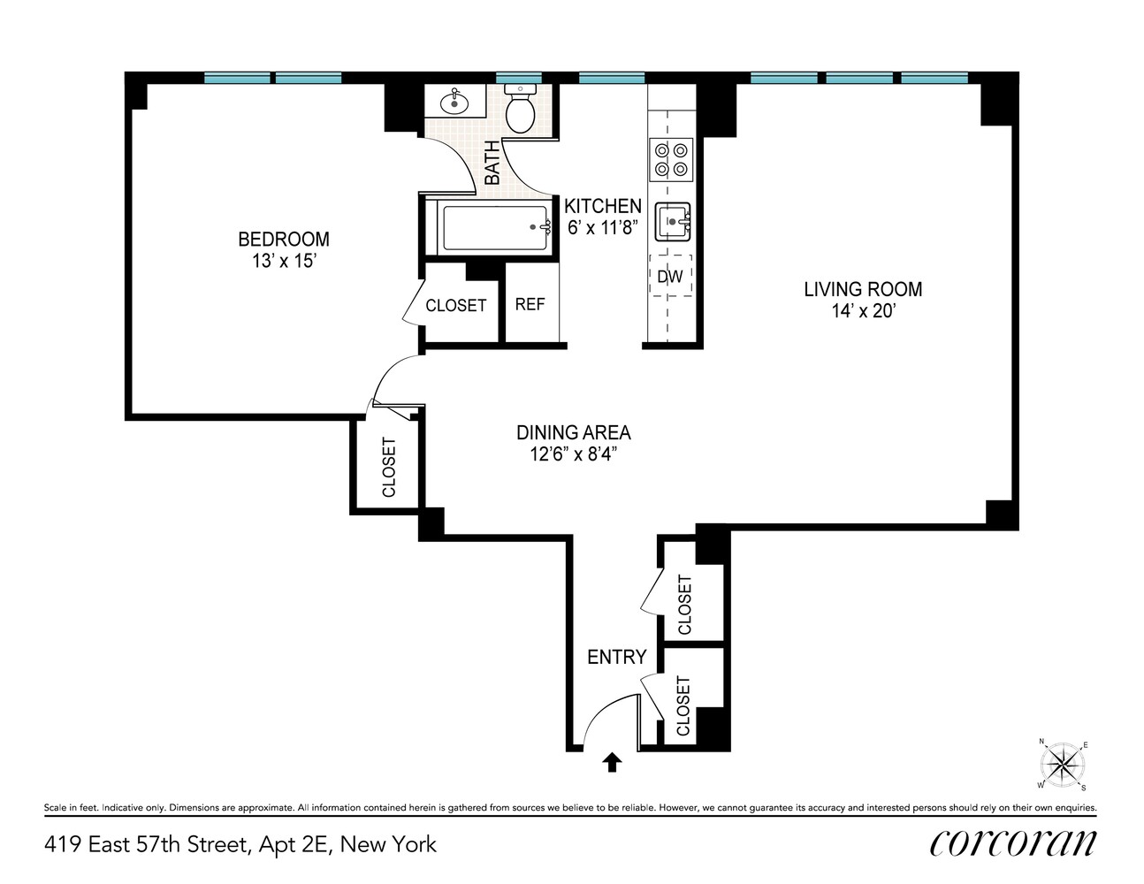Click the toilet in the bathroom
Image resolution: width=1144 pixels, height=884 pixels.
520,109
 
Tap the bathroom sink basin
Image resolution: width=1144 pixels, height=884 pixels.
455,103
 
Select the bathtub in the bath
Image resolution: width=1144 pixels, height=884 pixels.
494,228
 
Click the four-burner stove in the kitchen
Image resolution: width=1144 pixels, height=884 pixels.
670,159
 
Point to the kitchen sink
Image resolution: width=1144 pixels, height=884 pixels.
672,221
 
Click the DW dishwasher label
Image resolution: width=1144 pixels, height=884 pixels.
670,277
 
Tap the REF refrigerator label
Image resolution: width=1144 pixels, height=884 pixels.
530,304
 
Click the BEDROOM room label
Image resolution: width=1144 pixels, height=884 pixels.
283,239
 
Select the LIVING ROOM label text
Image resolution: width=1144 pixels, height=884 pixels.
863,289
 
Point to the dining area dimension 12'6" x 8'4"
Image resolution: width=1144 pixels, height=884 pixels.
573,455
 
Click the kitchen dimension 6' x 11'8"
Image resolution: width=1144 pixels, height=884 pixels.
603,228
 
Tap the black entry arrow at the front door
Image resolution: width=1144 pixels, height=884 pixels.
612,762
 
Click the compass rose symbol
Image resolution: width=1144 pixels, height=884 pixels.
1063,764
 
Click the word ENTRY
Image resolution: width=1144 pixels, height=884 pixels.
616,657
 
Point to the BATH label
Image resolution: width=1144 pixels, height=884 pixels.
492,164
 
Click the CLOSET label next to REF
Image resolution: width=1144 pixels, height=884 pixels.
455,306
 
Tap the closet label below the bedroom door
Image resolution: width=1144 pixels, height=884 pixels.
388,467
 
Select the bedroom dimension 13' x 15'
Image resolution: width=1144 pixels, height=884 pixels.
283,262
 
